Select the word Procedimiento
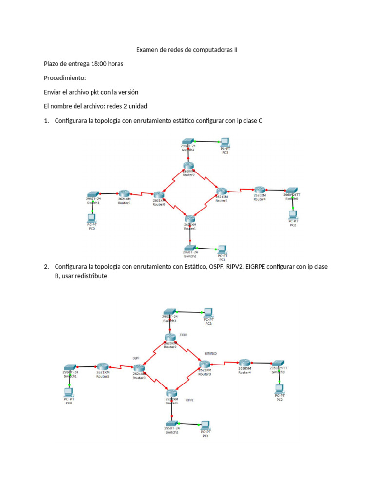65,78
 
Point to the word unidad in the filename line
135,106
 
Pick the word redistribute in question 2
91,276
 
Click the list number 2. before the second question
46,267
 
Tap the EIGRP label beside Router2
184,335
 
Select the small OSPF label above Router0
136,358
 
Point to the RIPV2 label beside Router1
190,400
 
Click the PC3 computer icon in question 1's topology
224,142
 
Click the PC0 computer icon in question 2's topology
68,391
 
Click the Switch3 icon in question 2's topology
169,311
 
